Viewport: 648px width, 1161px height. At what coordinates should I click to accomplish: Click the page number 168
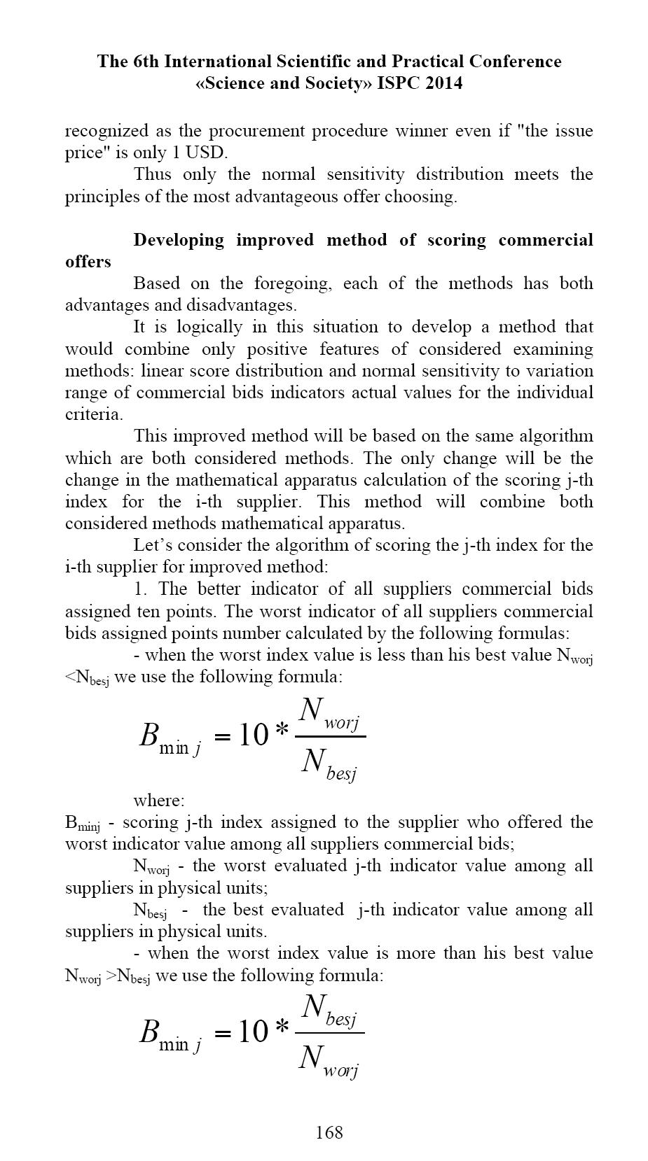point(329,1132)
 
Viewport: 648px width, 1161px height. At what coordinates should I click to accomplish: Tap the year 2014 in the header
point(439,83)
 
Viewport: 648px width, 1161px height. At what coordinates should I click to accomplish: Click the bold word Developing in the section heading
point(179,240)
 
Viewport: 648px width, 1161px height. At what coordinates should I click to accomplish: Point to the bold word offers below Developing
point(88,262)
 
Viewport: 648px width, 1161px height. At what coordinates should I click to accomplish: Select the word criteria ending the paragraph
point(92,414)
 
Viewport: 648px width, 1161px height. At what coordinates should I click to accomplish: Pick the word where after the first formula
point(158,800)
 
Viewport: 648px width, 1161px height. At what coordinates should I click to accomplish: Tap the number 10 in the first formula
point(254,736)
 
